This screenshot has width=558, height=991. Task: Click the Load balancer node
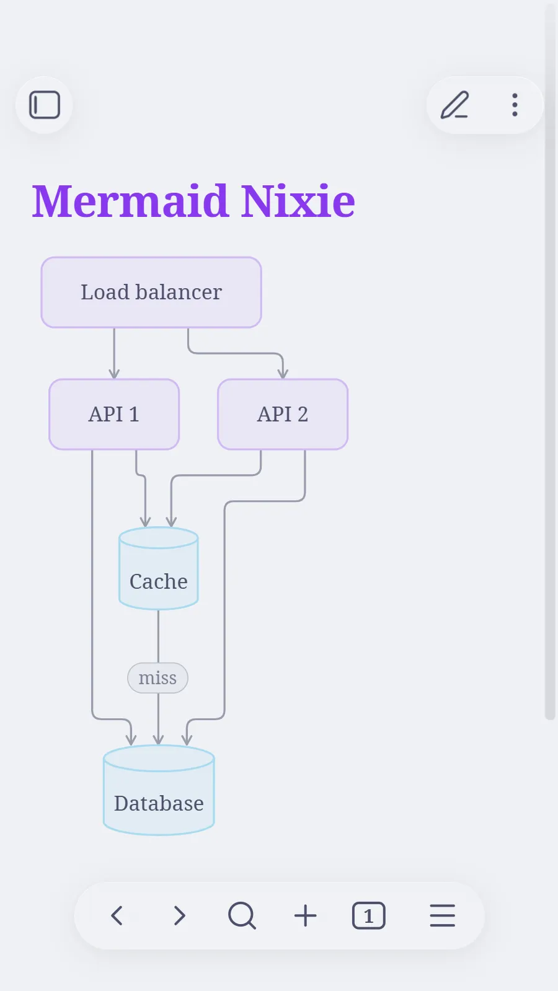click(151, 293)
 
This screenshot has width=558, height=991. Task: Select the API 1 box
click(114, 414)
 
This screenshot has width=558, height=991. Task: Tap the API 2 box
click(283, 414)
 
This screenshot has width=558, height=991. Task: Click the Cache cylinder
click(159, 568)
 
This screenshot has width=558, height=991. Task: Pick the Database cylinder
click(159, 790)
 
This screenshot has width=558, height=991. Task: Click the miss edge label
click(157, 678)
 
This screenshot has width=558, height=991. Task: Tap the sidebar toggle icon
click(45, 105)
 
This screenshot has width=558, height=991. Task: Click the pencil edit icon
click(454, 105)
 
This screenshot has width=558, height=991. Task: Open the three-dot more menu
click(515, 105)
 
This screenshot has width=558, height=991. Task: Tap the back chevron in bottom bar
click(117, 915)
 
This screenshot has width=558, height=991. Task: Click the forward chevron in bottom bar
click(179, 915)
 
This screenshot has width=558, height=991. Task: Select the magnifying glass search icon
click(242, 915)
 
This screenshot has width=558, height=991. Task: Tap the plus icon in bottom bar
click(305, 915)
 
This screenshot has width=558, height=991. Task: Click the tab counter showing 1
click(369, 915)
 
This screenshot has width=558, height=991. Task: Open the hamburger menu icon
click(443, 915)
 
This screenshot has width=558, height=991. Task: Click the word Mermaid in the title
click(130, 201)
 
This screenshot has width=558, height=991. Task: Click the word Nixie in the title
click(298, 201)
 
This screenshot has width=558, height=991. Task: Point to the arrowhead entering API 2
click(283, 374)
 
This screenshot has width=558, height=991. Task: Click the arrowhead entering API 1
click(114, 374)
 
